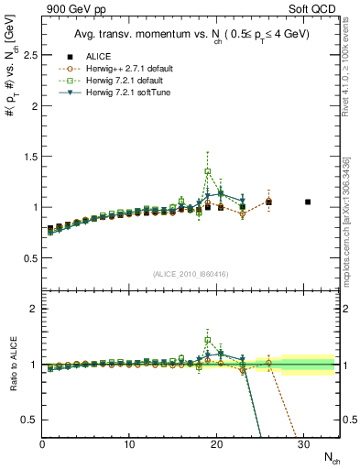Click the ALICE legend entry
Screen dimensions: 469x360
[107, 56]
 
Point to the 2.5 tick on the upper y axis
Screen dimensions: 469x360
[28, 55]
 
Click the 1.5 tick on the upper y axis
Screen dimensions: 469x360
[28, 157]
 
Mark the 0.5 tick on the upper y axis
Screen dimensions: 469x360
[28, 258]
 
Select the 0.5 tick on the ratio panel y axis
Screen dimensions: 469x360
[28, 420]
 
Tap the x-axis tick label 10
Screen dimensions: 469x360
[129, 444]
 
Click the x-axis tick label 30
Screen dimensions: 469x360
[303, 444]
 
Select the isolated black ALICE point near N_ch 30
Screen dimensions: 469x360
[308, 202]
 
